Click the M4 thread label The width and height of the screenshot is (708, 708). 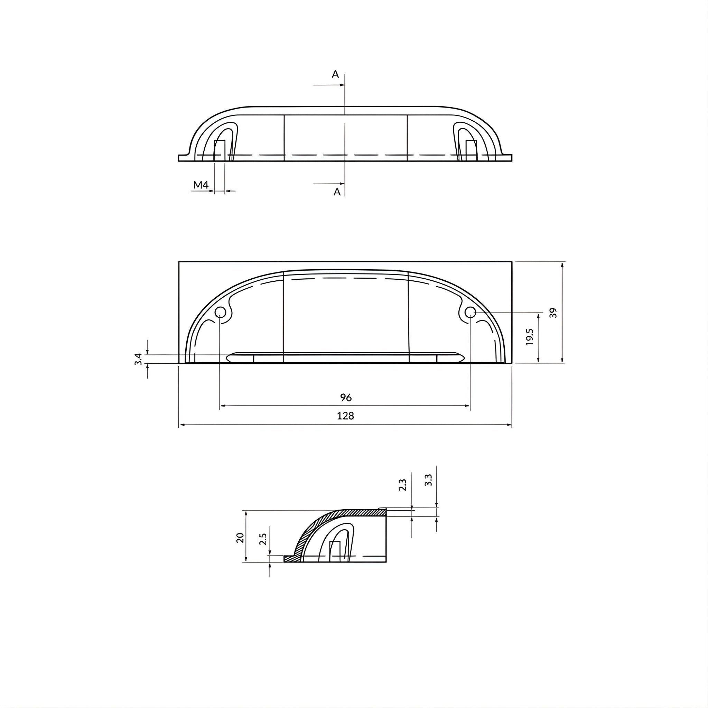point(201,185)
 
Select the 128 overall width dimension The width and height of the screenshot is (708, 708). point(345,416)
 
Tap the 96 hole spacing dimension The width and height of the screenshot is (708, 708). point(346,397)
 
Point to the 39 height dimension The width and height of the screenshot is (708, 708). point(553,313)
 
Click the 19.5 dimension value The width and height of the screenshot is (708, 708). point(529,337)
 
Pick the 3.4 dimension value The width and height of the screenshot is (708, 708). point(138,359)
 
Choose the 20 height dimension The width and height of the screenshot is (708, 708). point(240,538)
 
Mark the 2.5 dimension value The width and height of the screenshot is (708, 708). point(263,539)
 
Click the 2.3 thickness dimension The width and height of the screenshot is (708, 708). point(402,485)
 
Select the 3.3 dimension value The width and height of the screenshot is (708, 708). point(428,480)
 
